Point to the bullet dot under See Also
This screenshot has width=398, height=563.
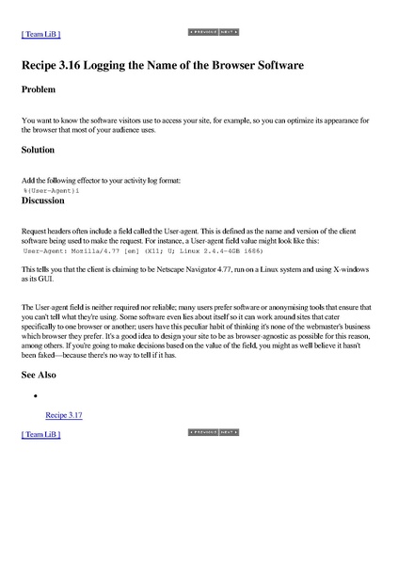tap(34, 396)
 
